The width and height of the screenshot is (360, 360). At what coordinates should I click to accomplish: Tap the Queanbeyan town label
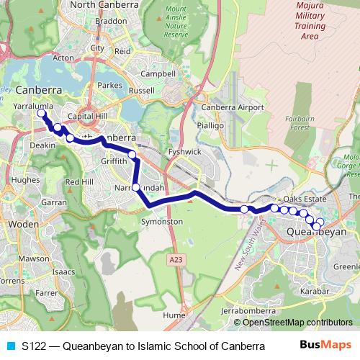(317, 233)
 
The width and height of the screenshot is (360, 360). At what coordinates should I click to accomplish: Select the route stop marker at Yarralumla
(42, 113)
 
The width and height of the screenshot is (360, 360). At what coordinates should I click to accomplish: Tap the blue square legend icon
(9, 346)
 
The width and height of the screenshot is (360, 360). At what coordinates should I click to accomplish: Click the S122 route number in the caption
(35, 346)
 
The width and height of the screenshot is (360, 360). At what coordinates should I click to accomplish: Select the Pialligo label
(212, 125)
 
